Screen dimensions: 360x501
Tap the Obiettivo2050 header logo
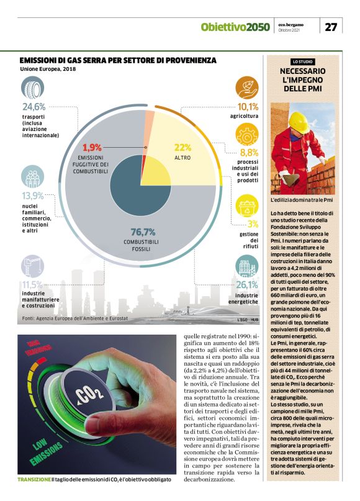pos(235,27)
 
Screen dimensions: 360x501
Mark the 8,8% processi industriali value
pos(248,152)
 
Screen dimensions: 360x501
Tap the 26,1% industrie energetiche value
pos(247,284)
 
